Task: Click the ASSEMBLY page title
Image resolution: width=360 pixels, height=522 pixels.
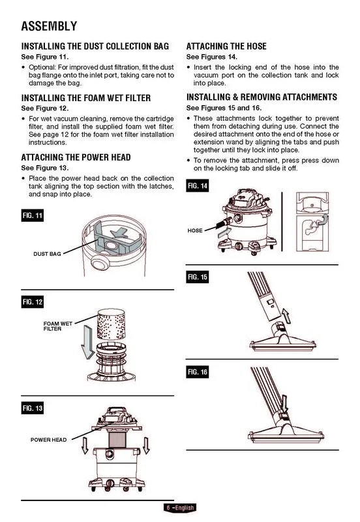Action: click(x=49, y=26)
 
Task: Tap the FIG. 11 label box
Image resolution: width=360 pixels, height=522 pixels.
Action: click(x=32, y=215)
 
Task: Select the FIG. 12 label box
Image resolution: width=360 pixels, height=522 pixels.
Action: click(x=32, y=302)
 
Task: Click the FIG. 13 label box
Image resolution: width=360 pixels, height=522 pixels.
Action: click(x=32, y=408)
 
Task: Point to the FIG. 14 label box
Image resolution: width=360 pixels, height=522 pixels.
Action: click(x=198, y=186)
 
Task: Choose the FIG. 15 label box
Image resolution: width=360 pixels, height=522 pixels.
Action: click(x=198, y=277)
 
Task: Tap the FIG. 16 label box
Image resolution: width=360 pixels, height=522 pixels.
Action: click(x=198, y=372)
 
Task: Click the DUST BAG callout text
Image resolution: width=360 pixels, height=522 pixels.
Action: click(x=47, y=254)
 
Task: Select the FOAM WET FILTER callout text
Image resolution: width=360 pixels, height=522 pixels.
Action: click(x=57, y=326)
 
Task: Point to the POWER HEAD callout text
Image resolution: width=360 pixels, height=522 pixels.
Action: click(x=48, y=440)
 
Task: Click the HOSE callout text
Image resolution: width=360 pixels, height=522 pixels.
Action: click(x=195, y=230)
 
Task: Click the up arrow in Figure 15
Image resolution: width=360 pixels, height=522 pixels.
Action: click(x=286, y=316)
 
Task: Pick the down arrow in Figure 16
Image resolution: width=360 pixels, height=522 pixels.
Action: click(x=284, y=403)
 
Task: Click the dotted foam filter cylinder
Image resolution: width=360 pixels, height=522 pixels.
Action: click(x=111, y=324)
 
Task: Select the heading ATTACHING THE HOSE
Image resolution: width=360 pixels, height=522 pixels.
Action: click(x=226, y=46)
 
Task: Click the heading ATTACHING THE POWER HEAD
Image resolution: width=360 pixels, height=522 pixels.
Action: click(x=76, y=157)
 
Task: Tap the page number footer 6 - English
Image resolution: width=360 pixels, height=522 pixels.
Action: click(x=180, y=508)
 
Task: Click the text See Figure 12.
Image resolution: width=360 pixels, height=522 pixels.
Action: click(x=45, y=108)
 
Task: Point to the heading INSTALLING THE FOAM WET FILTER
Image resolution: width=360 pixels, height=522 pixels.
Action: click(x=86, y=98)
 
